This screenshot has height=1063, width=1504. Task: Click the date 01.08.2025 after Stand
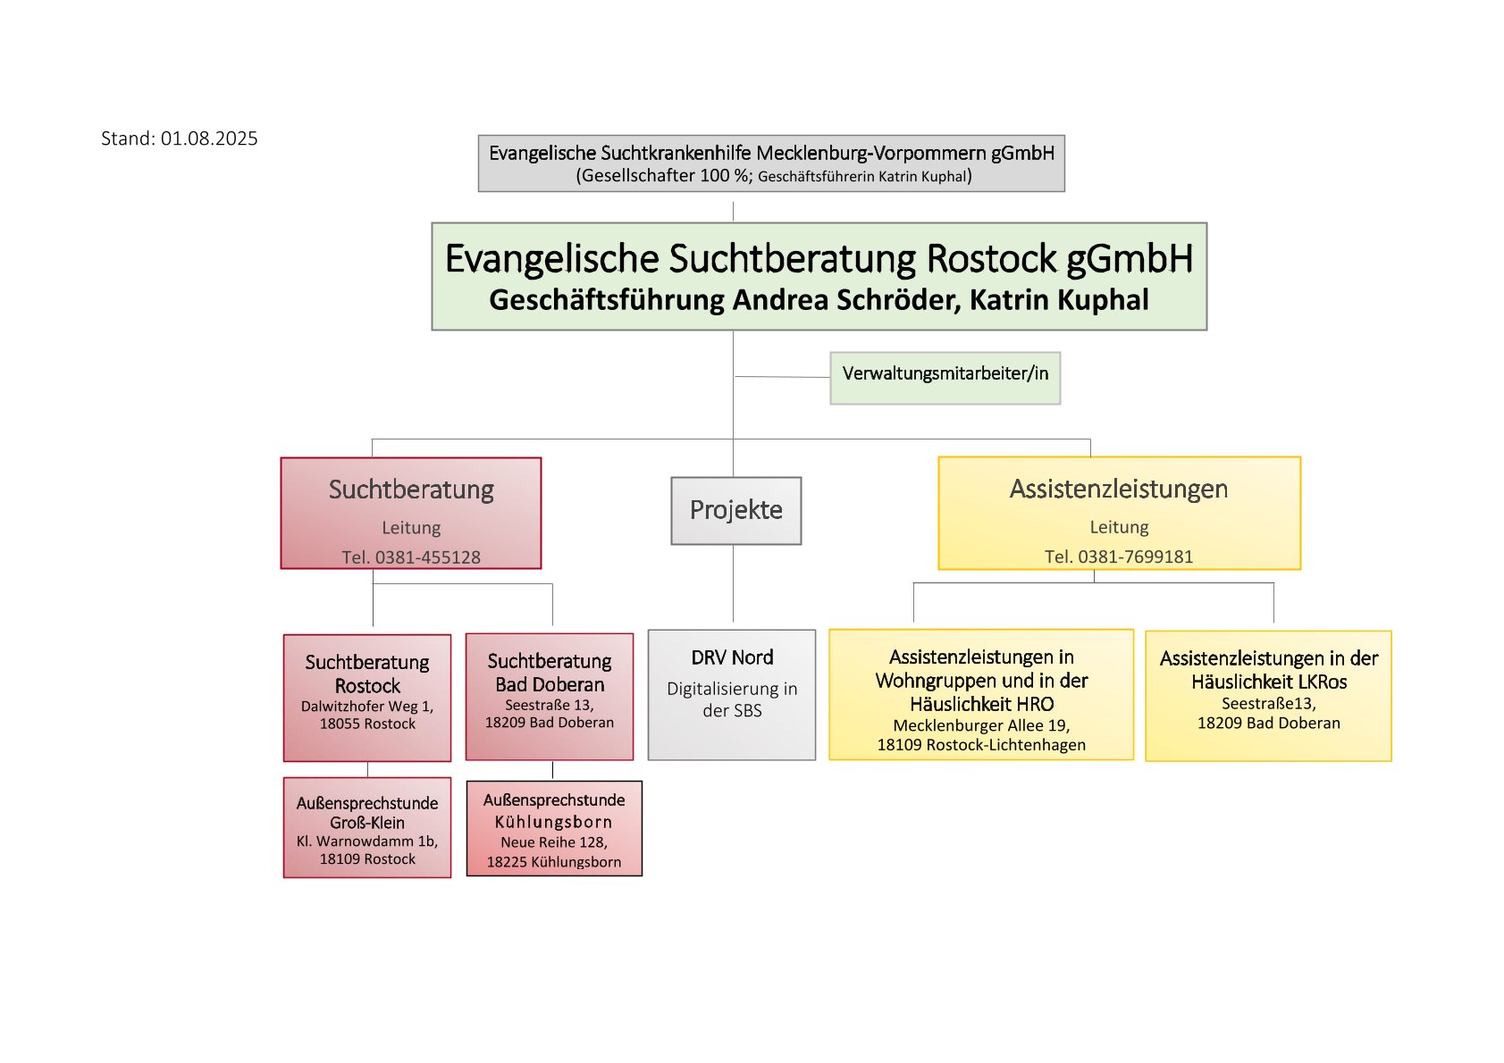[209, 139]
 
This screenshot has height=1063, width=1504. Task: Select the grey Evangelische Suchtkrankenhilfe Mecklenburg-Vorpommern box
[771, 163]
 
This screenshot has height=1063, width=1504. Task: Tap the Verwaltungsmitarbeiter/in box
[945, 379]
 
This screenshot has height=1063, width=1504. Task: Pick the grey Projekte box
[735, 511]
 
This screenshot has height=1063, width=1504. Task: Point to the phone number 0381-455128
[428, 557]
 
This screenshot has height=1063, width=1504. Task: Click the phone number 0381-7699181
[1136, 557]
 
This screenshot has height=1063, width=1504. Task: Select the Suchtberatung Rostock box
[367, 698]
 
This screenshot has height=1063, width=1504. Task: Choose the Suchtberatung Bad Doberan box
[550, 697]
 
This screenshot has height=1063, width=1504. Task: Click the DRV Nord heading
[732, 657]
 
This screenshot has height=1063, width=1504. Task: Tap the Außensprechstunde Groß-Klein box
[367, 827]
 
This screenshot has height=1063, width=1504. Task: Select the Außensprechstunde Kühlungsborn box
[554, 828]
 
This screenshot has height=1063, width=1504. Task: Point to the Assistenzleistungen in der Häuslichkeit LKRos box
[1268, 696]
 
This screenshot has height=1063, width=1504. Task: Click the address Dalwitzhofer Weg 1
[366, 707]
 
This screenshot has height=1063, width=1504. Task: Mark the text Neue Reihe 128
[554, 843]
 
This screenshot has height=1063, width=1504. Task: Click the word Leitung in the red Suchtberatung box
[411, 528]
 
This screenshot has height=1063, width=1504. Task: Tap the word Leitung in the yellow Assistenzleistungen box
[1119, 527]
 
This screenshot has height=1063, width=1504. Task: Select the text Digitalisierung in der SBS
[732, 700]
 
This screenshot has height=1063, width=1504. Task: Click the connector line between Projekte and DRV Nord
[733, 583]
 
